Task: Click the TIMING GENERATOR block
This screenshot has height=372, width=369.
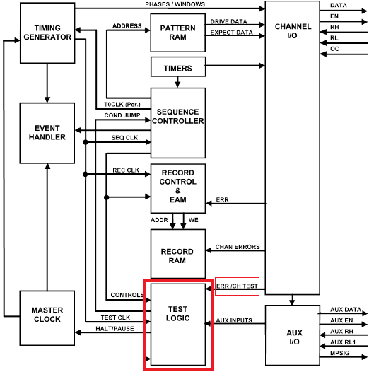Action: point(47,33)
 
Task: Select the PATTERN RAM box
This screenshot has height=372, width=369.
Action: point(177,33)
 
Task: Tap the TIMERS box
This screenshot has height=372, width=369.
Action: point(177,68)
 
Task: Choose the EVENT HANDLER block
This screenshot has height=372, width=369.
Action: point(47,133)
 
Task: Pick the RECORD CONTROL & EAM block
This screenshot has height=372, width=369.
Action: point(177,187)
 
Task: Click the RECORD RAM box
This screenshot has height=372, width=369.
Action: point(177,256)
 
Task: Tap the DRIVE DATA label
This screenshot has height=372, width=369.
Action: point(228,22)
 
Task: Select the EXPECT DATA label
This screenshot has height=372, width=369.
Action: point(230,33)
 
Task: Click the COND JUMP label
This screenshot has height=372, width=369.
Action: point(122,115)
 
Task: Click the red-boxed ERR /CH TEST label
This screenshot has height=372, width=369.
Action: point(237,286)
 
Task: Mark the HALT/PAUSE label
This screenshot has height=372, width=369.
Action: point(115,329)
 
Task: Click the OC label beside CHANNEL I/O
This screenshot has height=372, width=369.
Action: point(334,49)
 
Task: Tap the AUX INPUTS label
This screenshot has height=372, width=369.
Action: point(234,320)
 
